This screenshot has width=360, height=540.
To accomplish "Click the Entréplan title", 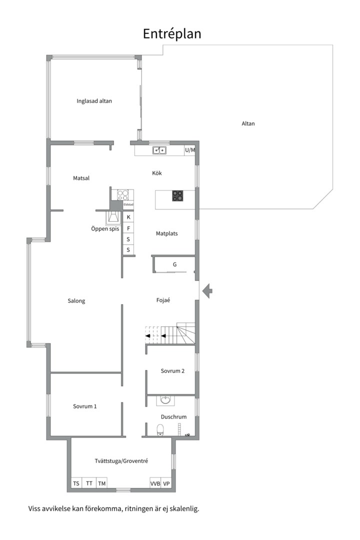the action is [172, 34].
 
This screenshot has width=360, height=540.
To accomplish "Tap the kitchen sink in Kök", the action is [159, 150].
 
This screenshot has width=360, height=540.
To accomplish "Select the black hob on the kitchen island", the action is [178, 196].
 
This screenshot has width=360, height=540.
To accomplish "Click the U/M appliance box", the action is [190, 150].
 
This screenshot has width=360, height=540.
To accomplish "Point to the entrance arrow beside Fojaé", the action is [207, 291].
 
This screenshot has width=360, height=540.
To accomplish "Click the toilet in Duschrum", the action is [160, 430].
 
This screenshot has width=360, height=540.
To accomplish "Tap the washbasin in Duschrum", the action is [165, 400].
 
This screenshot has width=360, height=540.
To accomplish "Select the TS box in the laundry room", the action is [76, 483].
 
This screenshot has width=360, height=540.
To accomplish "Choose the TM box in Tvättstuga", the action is [101, 483].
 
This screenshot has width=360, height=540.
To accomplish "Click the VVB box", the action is [155, 483].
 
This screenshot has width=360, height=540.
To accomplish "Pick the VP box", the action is [166, 483].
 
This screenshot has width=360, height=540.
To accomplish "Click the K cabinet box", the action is [128, 217].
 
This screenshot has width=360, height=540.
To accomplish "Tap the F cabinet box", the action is [128, 228].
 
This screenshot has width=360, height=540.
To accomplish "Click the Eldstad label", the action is [128, 204].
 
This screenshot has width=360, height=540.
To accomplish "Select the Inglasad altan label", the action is [94, 101].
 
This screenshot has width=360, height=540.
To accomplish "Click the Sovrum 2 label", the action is [172, 371].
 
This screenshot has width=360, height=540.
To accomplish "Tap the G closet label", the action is [174, 264].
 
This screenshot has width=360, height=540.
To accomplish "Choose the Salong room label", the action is [76, 300].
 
